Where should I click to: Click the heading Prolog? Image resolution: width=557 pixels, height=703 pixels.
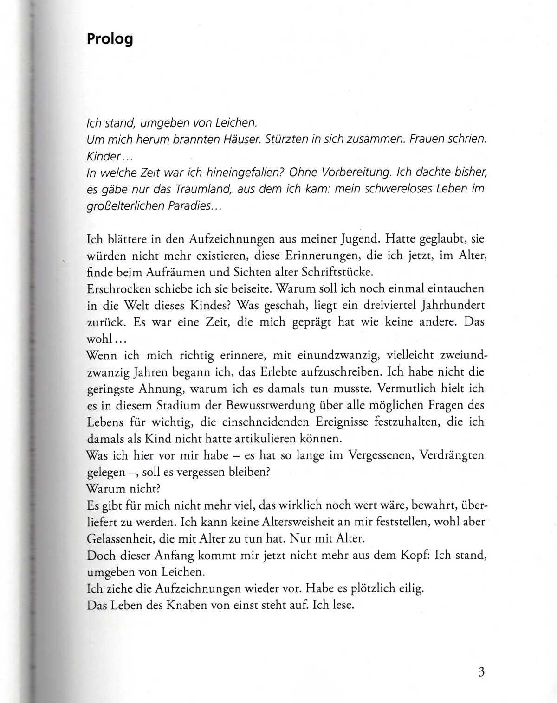[110, 39]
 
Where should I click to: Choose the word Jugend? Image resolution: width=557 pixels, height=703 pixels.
[360, 239]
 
